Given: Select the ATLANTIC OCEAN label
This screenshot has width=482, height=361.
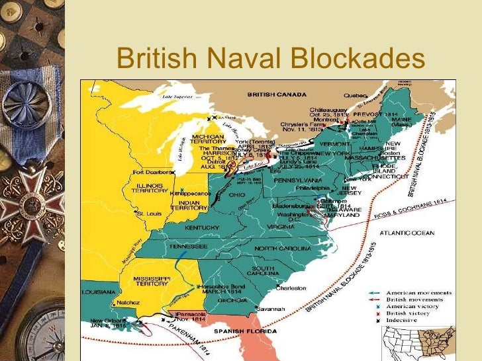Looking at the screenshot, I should pos(407,233).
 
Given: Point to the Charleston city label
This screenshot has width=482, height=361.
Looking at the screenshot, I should pos(291,288).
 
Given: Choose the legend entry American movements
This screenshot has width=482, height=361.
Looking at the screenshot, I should pos(419,292).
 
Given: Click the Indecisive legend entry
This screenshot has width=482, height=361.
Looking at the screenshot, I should pos(410,319).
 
